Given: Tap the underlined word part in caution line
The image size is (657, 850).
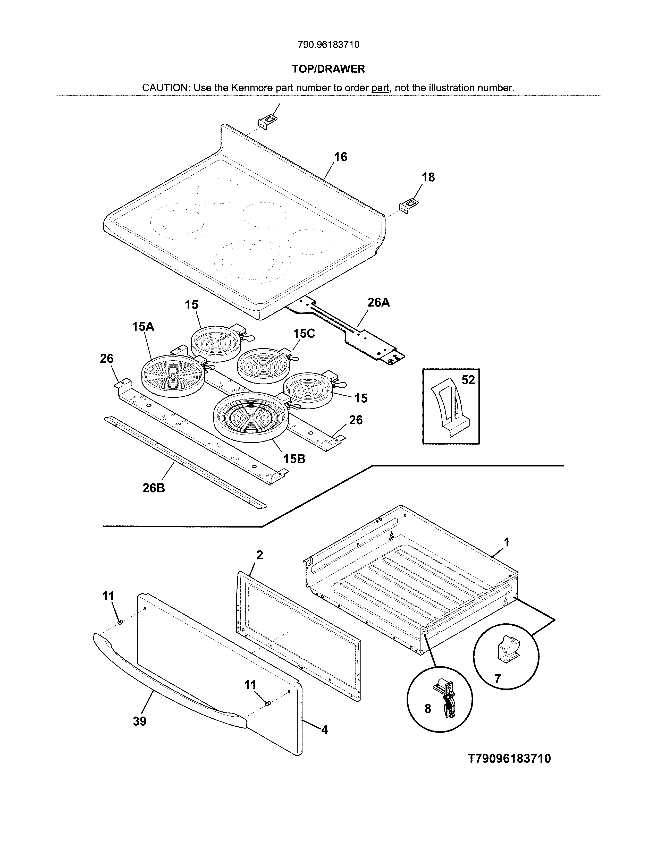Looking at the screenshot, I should coord(380,88).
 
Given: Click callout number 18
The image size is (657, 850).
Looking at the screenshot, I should coord(428,177).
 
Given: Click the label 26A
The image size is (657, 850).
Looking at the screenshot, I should coord(378,302).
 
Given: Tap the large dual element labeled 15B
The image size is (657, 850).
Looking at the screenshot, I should coord(251,417).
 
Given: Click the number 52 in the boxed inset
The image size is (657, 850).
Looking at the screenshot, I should coord(468,380).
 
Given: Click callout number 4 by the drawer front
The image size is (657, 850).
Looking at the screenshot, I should coord(324,730).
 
